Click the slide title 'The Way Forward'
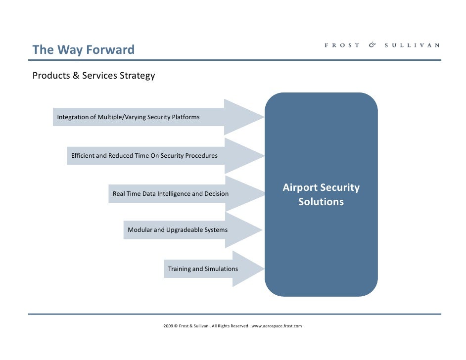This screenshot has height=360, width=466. (83, 50)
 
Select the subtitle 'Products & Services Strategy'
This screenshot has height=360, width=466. (93, 76)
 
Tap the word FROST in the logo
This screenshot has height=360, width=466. (342, 45)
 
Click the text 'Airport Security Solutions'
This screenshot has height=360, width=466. (321, 195)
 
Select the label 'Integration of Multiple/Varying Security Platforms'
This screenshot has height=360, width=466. (128, 117)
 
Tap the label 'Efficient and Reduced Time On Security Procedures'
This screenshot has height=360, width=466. (144, 156)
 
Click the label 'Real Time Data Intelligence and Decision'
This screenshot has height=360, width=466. (171, 194)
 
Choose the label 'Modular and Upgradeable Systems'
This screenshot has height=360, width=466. (178, 230)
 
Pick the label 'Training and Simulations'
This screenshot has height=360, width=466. (203, 269)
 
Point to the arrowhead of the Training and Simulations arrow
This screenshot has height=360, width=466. (247, 269)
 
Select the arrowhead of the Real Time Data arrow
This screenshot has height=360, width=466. (245, 194)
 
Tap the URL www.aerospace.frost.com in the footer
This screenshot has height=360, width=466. (277, 326)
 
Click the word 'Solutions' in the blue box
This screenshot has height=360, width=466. (321, 202)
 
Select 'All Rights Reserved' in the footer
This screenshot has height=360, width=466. (230, 326)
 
